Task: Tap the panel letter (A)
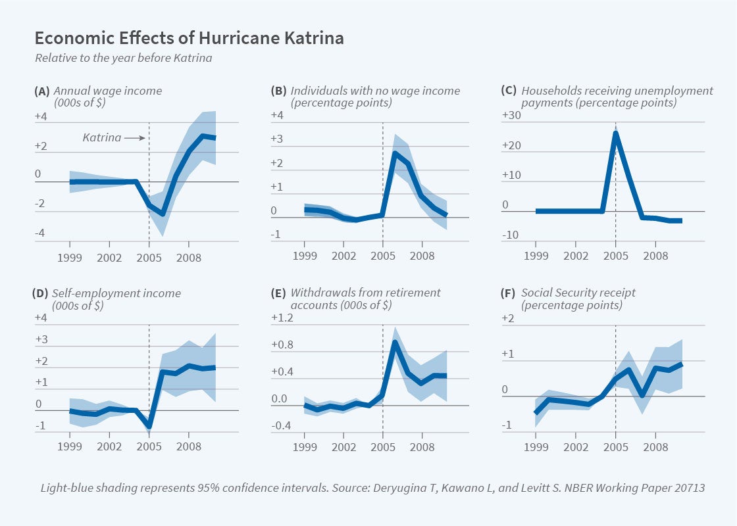(41, 91)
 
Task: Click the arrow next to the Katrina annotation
(134, 138)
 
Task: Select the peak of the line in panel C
(615, 133)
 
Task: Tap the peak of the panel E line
(394, 342)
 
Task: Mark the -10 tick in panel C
(511, 235)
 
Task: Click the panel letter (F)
(510, 293)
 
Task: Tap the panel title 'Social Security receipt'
(578, 293)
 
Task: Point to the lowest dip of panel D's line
(149, 426)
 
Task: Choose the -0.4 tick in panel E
(283, 426)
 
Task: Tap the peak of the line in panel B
(395, 153)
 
